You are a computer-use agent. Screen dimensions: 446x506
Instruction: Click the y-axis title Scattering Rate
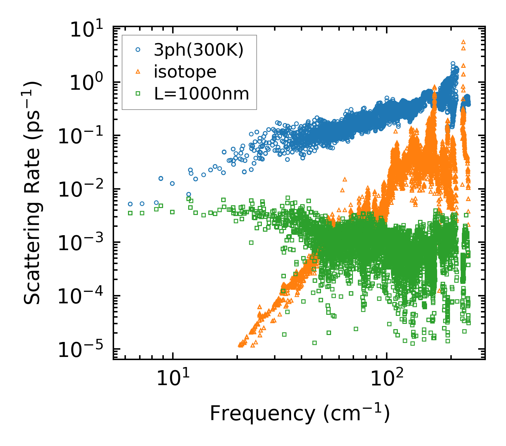[x=33, y=193]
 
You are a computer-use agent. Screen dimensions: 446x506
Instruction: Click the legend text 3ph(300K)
[x=199, y=50]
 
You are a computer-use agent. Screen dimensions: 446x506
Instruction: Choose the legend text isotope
[x=185, y=72]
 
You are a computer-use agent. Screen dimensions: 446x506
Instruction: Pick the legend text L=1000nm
[x=201, y=94]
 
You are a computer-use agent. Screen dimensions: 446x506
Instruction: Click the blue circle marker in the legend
[x=138, y=50]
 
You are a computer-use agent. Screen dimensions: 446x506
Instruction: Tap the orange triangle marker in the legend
[x=138, y=72]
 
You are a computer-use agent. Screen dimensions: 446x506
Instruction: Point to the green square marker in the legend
[x=138, y=93]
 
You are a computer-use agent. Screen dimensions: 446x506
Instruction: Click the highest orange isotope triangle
[x=463, y=42]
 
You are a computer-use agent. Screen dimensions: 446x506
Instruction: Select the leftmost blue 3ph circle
[x=130, y=204]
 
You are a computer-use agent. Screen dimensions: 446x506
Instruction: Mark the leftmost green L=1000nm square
[x=130, y=213]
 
